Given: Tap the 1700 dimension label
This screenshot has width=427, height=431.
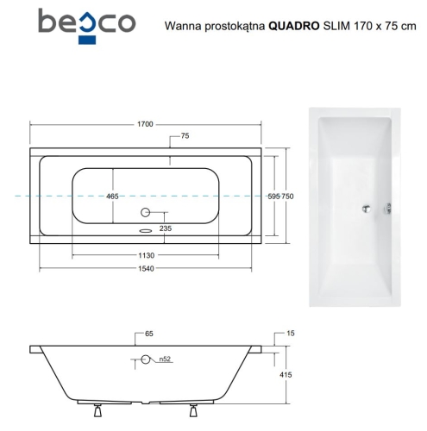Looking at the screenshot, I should (x=145, y=124).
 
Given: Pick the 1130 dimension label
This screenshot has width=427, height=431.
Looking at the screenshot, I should (x=145, y=256).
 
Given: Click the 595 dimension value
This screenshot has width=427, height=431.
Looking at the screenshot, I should (x=274, y=197).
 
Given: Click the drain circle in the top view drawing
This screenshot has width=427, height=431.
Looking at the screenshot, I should (x=145, y=212).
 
